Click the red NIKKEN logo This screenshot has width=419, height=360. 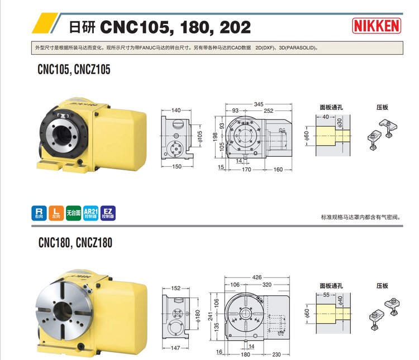click(x=377, y=26)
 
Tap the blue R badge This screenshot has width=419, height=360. click(x=39, y=213)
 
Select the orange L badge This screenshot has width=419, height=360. click(x=56, y=213)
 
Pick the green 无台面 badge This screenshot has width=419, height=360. click(x=74, y=213)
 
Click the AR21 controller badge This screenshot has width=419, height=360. click(x=91, y=213)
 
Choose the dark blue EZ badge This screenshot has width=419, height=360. click(x=108, y=213)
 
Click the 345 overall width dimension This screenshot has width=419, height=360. click(x=259, y=104)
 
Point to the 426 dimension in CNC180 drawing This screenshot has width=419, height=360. click(x=257, y=277)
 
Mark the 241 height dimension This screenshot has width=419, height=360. click(x=211, y=316)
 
